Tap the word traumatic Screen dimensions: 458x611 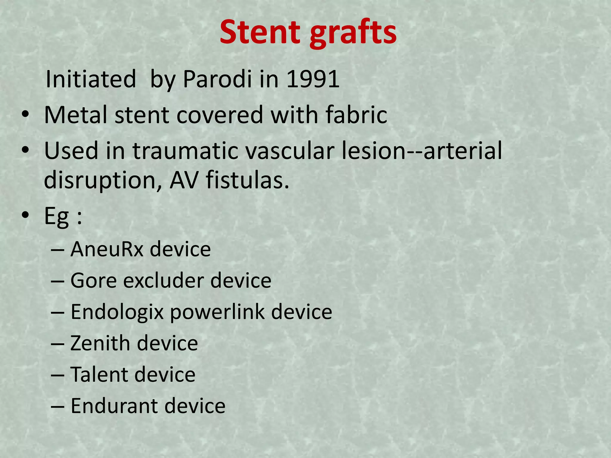tap(185, 151)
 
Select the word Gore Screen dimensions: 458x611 tap(93, 281)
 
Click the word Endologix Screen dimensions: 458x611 tap(117, 312)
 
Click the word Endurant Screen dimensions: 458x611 tap(114, 406)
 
